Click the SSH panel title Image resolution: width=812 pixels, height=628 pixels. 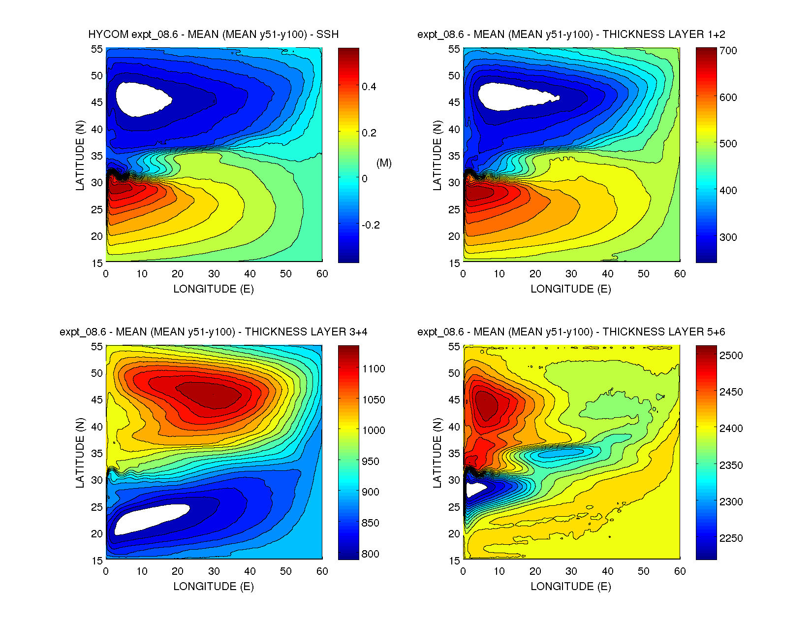(213, 34)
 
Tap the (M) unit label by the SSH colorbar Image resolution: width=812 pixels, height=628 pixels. (384, 163)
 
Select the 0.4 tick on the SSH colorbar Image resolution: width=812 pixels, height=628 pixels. (369, 87)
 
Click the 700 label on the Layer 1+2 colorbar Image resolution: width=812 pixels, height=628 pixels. (728, 51)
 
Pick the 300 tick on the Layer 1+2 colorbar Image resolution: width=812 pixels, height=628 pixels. (728, 237)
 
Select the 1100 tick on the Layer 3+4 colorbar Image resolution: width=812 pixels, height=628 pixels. (374, 369)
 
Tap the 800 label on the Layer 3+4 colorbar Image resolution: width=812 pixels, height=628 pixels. (370, 554)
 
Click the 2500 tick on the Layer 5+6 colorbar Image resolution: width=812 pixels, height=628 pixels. (731, 356)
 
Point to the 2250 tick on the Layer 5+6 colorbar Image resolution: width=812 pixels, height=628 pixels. (731, 538)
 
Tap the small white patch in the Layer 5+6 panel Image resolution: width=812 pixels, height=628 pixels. (474, 489)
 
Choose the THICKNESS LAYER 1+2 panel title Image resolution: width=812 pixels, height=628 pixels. (571, 34)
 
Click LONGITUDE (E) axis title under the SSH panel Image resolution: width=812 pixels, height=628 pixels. (214, 289)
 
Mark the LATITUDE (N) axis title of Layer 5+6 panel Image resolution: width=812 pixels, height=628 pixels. (437, 453)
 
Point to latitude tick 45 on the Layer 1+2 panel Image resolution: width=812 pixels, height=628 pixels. (454, 102)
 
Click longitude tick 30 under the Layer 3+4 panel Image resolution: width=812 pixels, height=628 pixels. (214, 571)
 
